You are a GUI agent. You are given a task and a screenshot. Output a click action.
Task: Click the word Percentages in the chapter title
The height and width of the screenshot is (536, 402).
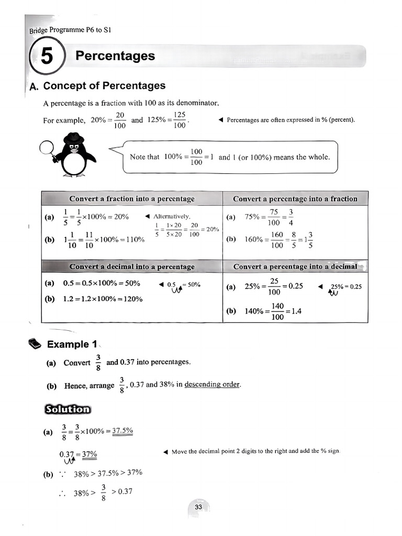click(x=115, y=56)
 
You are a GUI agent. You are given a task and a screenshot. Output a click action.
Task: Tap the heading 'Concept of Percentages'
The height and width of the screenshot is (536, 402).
click(x=104, y=86)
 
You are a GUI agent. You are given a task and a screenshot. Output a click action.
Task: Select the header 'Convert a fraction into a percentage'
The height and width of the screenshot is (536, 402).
click(x=132, y=199)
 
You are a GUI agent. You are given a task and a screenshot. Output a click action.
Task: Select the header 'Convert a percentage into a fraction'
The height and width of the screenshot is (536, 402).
click(x=295, y=199)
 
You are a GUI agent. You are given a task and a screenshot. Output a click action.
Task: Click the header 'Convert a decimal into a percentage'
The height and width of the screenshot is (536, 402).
click(x=132, y=266)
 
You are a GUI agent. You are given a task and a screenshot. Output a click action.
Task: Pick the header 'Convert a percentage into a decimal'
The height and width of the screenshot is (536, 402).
click(x=295, y=266)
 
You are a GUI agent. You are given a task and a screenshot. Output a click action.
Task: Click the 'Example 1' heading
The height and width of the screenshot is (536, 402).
click(x=72, y=344)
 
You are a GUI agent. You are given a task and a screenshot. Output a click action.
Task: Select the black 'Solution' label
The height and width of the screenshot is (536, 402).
click(x=67, y=409)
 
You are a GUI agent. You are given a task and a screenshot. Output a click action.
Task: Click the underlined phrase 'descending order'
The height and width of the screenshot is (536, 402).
click(x=213, y=385)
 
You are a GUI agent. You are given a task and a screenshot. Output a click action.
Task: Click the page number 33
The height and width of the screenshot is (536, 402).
click(x=198, y=507)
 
